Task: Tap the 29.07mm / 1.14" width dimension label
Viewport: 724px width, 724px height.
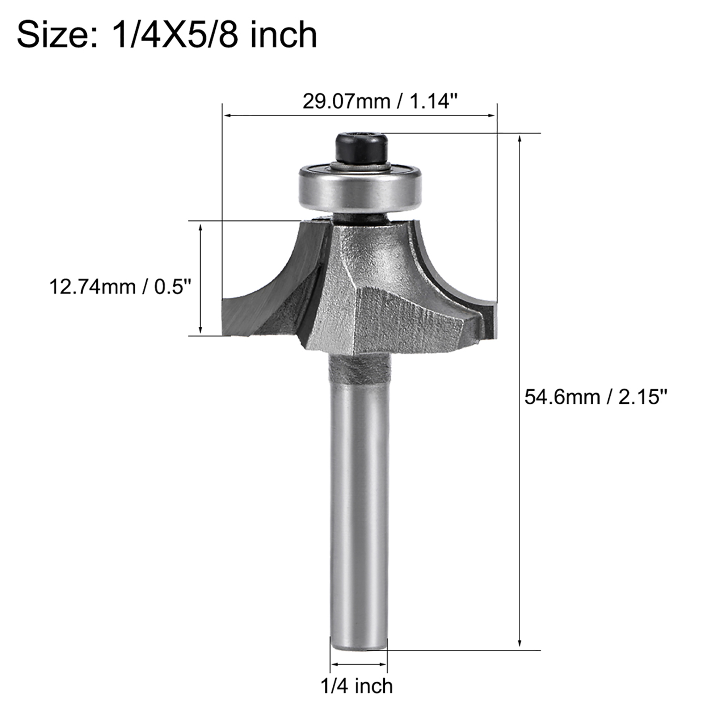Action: click(x=380, y=101)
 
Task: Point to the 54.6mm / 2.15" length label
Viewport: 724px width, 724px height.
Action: click(x=596, y=397)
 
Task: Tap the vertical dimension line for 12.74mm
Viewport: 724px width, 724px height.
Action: click(x=200, y=279)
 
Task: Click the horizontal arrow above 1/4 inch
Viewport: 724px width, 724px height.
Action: click(x=359, y=664)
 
